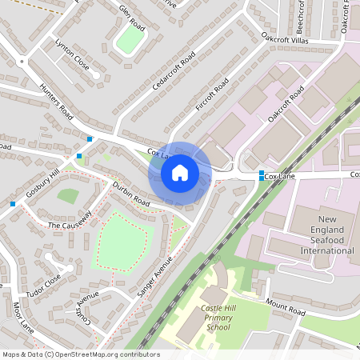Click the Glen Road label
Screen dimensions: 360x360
coord(129,14)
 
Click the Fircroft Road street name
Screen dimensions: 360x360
coord(212,94)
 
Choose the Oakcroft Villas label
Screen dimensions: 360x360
coord(285,38)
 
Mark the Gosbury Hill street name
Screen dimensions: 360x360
coord(42,184)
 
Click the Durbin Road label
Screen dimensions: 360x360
coord(130,195)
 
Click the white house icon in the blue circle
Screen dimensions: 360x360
coord(180,173)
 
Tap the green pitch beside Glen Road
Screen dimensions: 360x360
coord(129,40)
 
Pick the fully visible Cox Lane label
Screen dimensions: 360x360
coord(282,175)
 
